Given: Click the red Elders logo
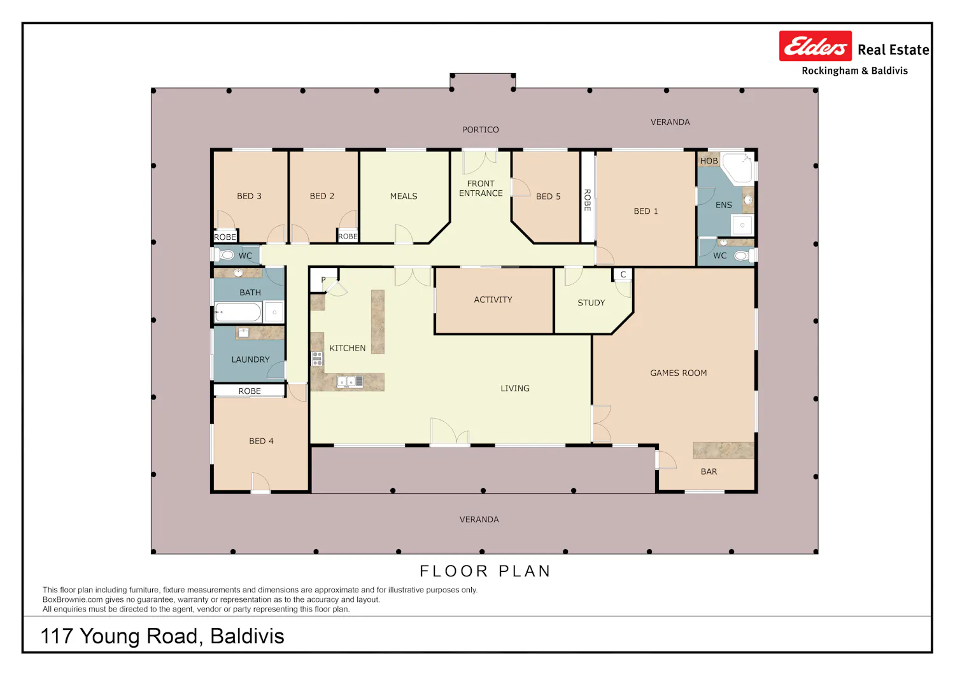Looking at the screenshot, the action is [815, 46].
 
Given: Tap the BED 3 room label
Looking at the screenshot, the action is [249, 196].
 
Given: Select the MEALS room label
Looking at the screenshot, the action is [403, 197].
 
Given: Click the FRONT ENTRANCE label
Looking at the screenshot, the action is [481, 188].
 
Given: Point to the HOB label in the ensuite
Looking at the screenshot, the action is [709, 161].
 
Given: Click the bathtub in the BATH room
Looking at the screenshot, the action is [238, 312].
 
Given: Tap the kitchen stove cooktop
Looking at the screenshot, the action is [317, 359].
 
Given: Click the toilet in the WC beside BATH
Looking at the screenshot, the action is [226, 255].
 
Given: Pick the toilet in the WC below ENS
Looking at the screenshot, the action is [742, 255].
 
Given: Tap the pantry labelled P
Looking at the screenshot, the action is [324, 279].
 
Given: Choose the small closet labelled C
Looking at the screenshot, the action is [623, 274].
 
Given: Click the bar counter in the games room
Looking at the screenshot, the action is [723, 450].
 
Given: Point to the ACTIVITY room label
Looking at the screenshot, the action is [493, 300].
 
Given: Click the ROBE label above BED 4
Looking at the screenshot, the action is [250, 391].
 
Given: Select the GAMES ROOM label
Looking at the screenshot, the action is [678, 373].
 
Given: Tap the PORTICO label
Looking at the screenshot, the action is [481, 130].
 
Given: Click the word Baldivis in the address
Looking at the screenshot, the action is [247, 636].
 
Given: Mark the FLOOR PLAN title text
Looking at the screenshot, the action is [485, 571].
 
